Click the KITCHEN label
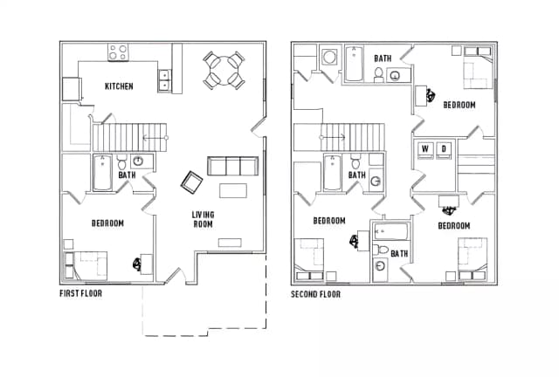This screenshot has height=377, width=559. pyautogui.click(x=119, y=86)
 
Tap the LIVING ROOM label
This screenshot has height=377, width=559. pyautogui.click(x=204, y=219)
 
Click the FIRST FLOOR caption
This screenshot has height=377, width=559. pyautogui.click(x=81, y=293)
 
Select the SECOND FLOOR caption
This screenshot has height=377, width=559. pyautogui.click(x=316, y=294)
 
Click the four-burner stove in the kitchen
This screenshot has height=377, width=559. pyautogui.click(x=119, y=52)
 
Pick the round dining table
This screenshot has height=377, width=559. pyautogui.click(x=224, y=70)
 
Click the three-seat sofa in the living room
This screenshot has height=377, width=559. pyautogui.click(x=233, y=166)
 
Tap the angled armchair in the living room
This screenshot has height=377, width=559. pyautogui.click(x=192, y=182)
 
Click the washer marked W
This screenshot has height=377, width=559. pyautogui.click(x=425, y=149)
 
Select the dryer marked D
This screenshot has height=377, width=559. pyautogui.click(x=444, y=149)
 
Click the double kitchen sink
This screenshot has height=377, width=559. pyautogui.click(x=164, y=80)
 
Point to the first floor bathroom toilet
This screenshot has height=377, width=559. pyautogui.click(x=122, y=162)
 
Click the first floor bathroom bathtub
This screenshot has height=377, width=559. pyautogui.click(x=103, y=173)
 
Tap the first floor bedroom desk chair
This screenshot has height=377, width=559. pyautogui.click(x=136, y=264)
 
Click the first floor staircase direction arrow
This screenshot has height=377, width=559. pyautogui.click(x=155, y=138)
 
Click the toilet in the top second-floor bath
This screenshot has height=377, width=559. pyautogui.click(x=378, y=74)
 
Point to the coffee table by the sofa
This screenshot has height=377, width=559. pyautogui.click(x=233, y=190)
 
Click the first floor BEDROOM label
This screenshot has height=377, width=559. pyautogui.click(x=107, y=223)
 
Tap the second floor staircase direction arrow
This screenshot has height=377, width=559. pyautogui.click(x=332, y=137)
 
